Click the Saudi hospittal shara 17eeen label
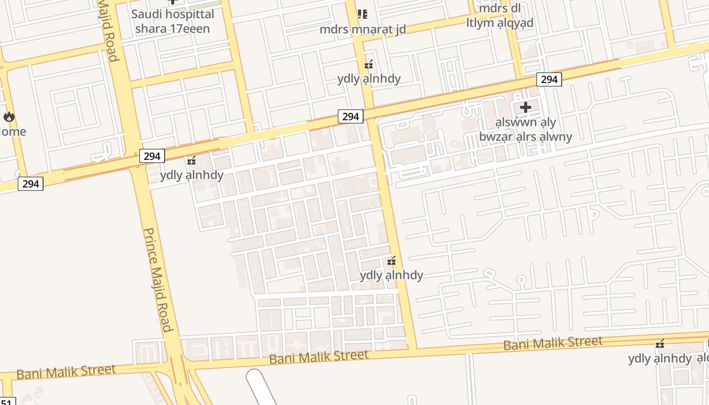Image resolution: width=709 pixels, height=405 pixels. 172,21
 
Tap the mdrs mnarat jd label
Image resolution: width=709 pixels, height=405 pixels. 363,29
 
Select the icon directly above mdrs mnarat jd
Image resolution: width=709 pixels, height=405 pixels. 363,14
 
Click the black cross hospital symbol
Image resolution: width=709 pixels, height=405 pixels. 526,107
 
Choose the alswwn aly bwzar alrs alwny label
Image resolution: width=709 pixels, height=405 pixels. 526,130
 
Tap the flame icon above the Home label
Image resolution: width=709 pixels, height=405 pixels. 9,117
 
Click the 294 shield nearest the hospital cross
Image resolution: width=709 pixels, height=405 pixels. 549,79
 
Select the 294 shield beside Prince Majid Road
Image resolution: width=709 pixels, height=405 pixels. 151,156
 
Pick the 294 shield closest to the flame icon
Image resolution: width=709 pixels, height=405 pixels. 30,184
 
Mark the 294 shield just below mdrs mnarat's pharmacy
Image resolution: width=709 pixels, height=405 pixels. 350,117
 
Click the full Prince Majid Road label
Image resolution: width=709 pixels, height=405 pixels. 158,279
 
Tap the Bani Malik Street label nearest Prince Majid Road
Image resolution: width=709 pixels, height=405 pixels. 66,372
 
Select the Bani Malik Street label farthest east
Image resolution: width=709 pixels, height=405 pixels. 553,343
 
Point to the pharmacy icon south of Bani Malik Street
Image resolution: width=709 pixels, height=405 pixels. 660,344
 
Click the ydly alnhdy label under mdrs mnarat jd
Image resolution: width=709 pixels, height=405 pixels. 369,79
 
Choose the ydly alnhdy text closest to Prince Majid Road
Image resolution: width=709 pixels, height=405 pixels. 191,176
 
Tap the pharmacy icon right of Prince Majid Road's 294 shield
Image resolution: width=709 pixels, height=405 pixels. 191,161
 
